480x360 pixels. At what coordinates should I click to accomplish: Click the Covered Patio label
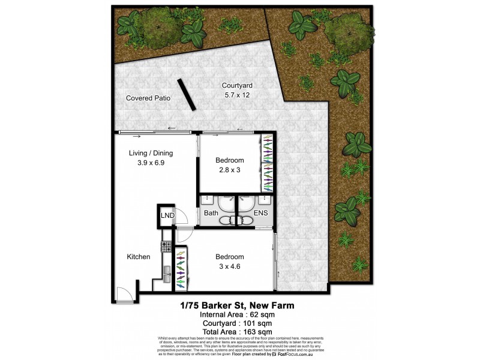click(148, 98)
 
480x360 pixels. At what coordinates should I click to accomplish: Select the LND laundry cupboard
click(166, 216)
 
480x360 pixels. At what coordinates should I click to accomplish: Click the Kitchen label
click(138, 257)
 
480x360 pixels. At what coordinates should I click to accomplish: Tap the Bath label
click(211, 212)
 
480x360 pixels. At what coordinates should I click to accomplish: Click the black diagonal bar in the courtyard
click(186, 95)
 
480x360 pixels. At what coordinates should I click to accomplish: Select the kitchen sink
click(166, 277)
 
